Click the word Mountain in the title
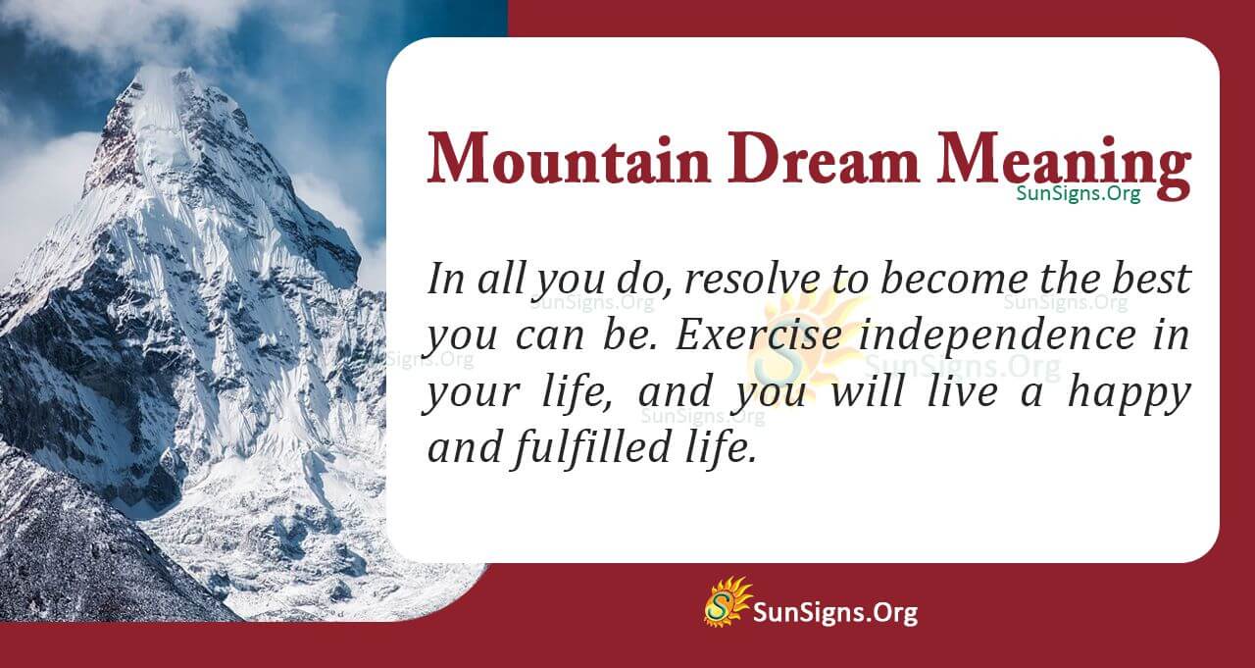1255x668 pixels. click(x=568, y=158)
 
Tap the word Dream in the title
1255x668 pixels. click(x=823, y=158)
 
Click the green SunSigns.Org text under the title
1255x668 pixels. click(x=1079, y=193)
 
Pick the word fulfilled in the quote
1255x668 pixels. click(x=592, y=449)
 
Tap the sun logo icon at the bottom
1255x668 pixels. click(x=727, y=602)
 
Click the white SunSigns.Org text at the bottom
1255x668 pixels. click(x=835, y=613)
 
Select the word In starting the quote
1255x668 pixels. click(x=446, y=280)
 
